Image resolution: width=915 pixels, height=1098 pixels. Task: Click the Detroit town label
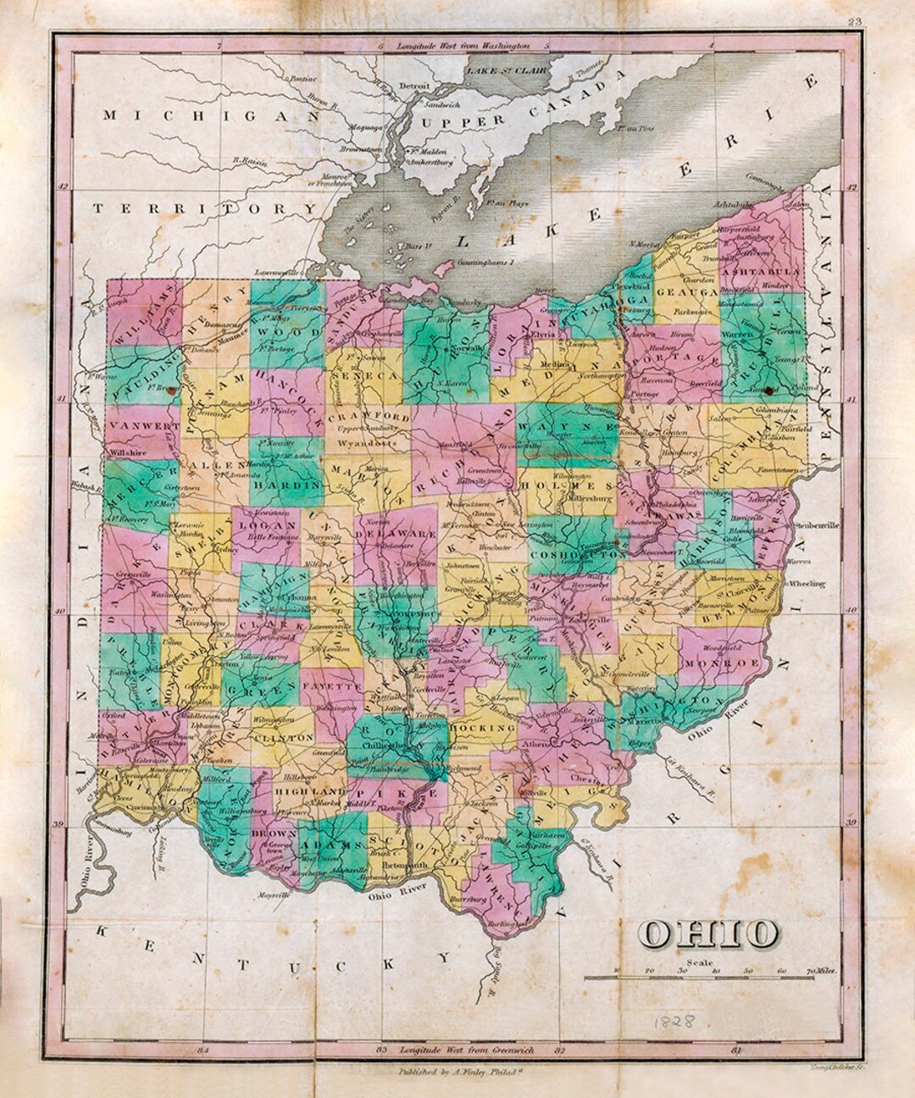[415, 86]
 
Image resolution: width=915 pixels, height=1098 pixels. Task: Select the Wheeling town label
[806, 583]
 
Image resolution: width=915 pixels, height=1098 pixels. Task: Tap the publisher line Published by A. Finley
[457, 1070]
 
